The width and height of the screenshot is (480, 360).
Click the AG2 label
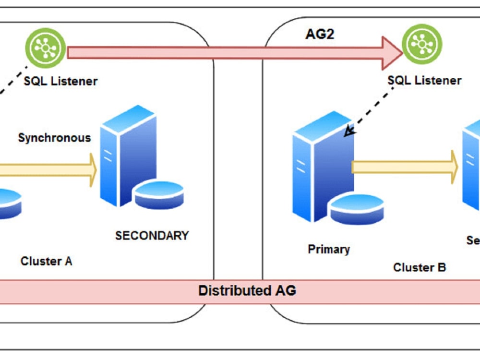pyautogui.click(x=320, y=35)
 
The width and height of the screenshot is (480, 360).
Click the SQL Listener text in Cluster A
pyautogui.click(x=60, y=81)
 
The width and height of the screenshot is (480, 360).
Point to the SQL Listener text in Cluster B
pyautogui.click(x=425, y=80)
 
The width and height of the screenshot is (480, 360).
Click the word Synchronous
pyautogui.click(x=54, y=138)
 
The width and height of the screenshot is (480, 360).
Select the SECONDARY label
pyautogui.click(x=152, y=236)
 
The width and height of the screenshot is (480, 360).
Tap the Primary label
pyautogui.click(x=329, y=249)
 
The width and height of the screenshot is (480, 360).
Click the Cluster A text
pyautogui.click(x=47, y=261)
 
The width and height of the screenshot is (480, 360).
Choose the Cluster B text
pyautogui.click(x=420, y=267)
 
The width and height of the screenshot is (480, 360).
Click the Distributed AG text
pyautogui.click(x=247, y=290)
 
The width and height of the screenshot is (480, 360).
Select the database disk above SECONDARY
pyautogui.click(x=159, y=195)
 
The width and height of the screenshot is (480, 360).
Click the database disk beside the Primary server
pyautogui.click(x=357, y=209)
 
